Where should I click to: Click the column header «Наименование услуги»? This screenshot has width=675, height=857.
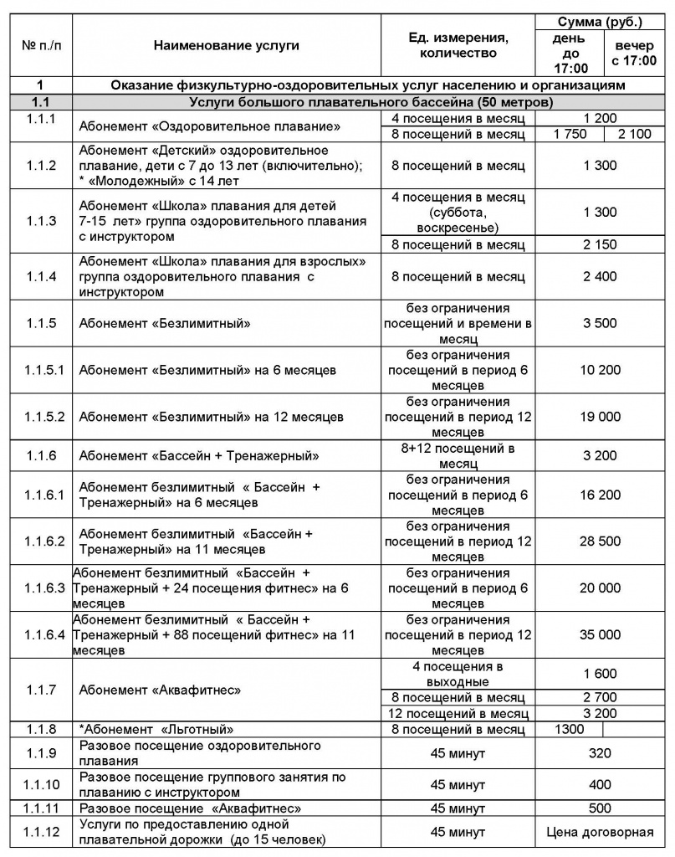click(226, 47)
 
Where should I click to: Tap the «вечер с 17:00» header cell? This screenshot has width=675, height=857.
click(634, 53)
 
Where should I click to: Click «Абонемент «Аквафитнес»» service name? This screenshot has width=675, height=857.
click(160, 690)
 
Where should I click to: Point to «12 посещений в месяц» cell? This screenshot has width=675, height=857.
click(458, 714)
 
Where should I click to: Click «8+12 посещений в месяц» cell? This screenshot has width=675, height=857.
click(458, 456)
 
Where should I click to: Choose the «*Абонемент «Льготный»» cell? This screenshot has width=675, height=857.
click(156, 729)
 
